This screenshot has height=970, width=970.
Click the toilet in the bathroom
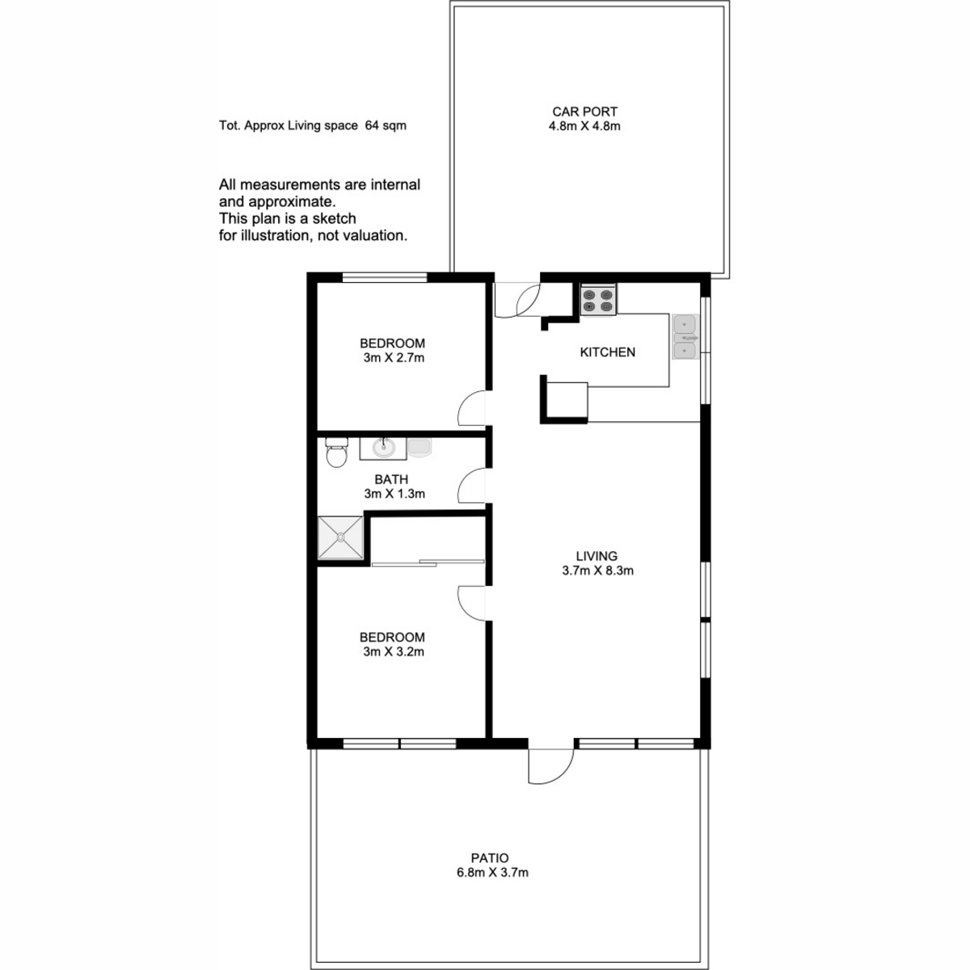tap(336, 452)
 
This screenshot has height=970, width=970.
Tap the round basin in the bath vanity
tap(383, 448)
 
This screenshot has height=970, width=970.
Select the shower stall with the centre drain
tap(340, 537)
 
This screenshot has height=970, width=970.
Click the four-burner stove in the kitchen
tap(597, 300)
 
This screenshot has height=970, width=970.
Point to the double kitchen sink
tap(685, 337)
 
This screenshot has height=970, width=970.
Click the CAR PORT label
tap(584, 112)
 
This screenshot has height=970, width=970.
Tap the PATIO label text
tap(489, 858)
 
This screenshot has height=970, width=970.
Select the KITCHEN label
tap(608, 352)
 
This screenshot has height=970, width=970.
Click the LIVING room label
tap(597, 556)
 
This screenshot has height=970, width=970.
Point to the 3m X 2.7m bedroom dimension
tap(394, 358)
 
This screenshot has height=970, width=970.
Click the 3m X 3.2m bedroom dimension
tap(394, 652)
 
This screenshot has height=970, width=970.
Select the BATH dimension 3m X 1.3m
tap(394, 494)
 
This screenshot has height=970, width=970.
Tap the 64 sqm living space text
tap(386, 126)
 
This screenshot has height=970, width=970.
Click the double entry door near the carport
tap(517, 301)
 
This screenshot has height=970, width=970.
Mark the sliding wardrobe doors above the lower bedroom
tap(428, 563)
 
